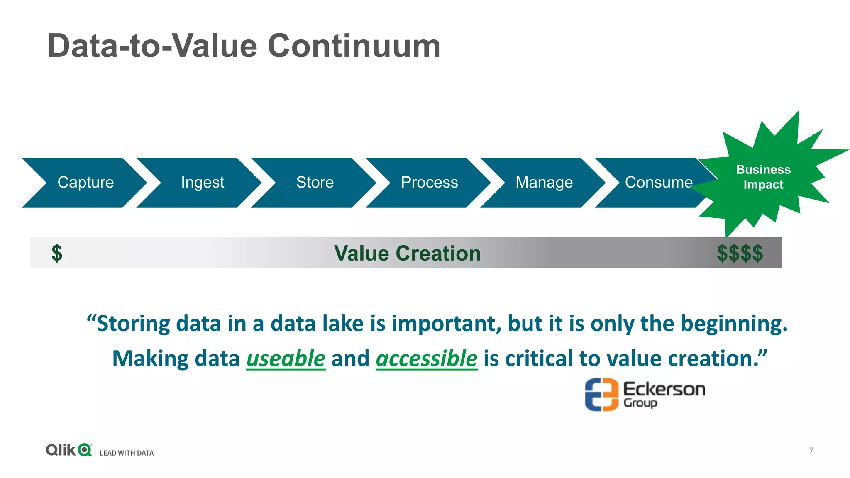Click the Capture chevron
pos(85,183)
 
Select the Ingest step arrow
pos(202,183)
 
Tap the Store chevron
pos(315,183)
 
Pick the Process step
pos(429,183)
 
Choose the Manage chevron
pos(544,183)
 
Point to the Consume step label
pos(658,183)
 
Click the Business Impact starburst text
pos(763,177)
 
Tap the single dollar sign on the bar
pos(57,253)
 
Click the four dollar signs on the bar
pos(740,253)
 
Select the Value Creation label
pos(407,253)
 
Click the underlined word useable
pos(286,358)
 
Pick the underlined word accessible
pos(427,358)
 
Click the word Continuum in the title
pos(354,46)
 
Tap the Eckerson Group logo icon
pos(601,395)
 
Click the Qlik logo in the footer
pos(68,450)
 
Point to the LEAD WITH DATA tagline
pos(127,453)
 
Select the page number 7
pos(811,451)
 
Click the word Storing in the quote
pos(133,324)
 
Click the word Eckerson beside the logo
pos(664,389)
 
